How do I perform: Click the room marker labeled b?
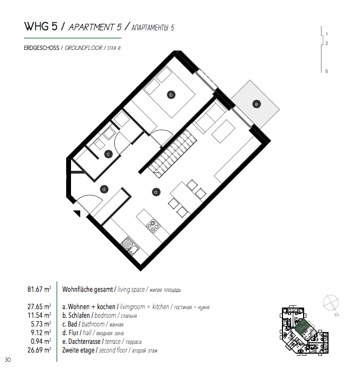pos(171,95)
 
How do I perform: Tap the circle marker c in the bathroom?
pos(108,154)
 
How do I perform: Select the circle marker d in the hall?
pos(104,189)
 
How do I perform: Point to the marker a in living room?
pos(156,192)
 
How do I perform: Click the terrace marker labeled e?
pos(256,104)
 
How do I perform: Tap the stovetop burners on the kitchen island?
pos(153,226)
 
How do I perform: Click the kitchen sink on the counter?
pos(130,246)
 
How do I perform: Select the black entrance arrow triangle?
pos(77,213)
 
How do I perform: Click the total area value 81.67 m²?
pos(39,289)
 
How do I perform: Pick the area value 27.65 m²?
pos(39,306)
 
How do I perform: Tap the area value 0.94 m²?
pos(41,341)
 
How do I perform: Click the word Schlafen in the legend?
pos(79,315)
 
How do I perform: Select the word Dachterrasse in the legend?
pos(84,341)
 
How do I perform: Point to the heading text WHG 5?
pos(41,26)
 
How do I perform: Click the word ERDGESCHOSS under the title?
pos(41,48)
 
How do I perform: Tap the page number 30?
pos(8,360)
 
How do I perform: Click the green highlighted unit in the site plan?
pos(302,328)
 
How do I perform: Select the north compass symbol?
pos(331,304)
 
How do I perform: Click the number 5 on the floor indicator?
pos(326,71)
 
